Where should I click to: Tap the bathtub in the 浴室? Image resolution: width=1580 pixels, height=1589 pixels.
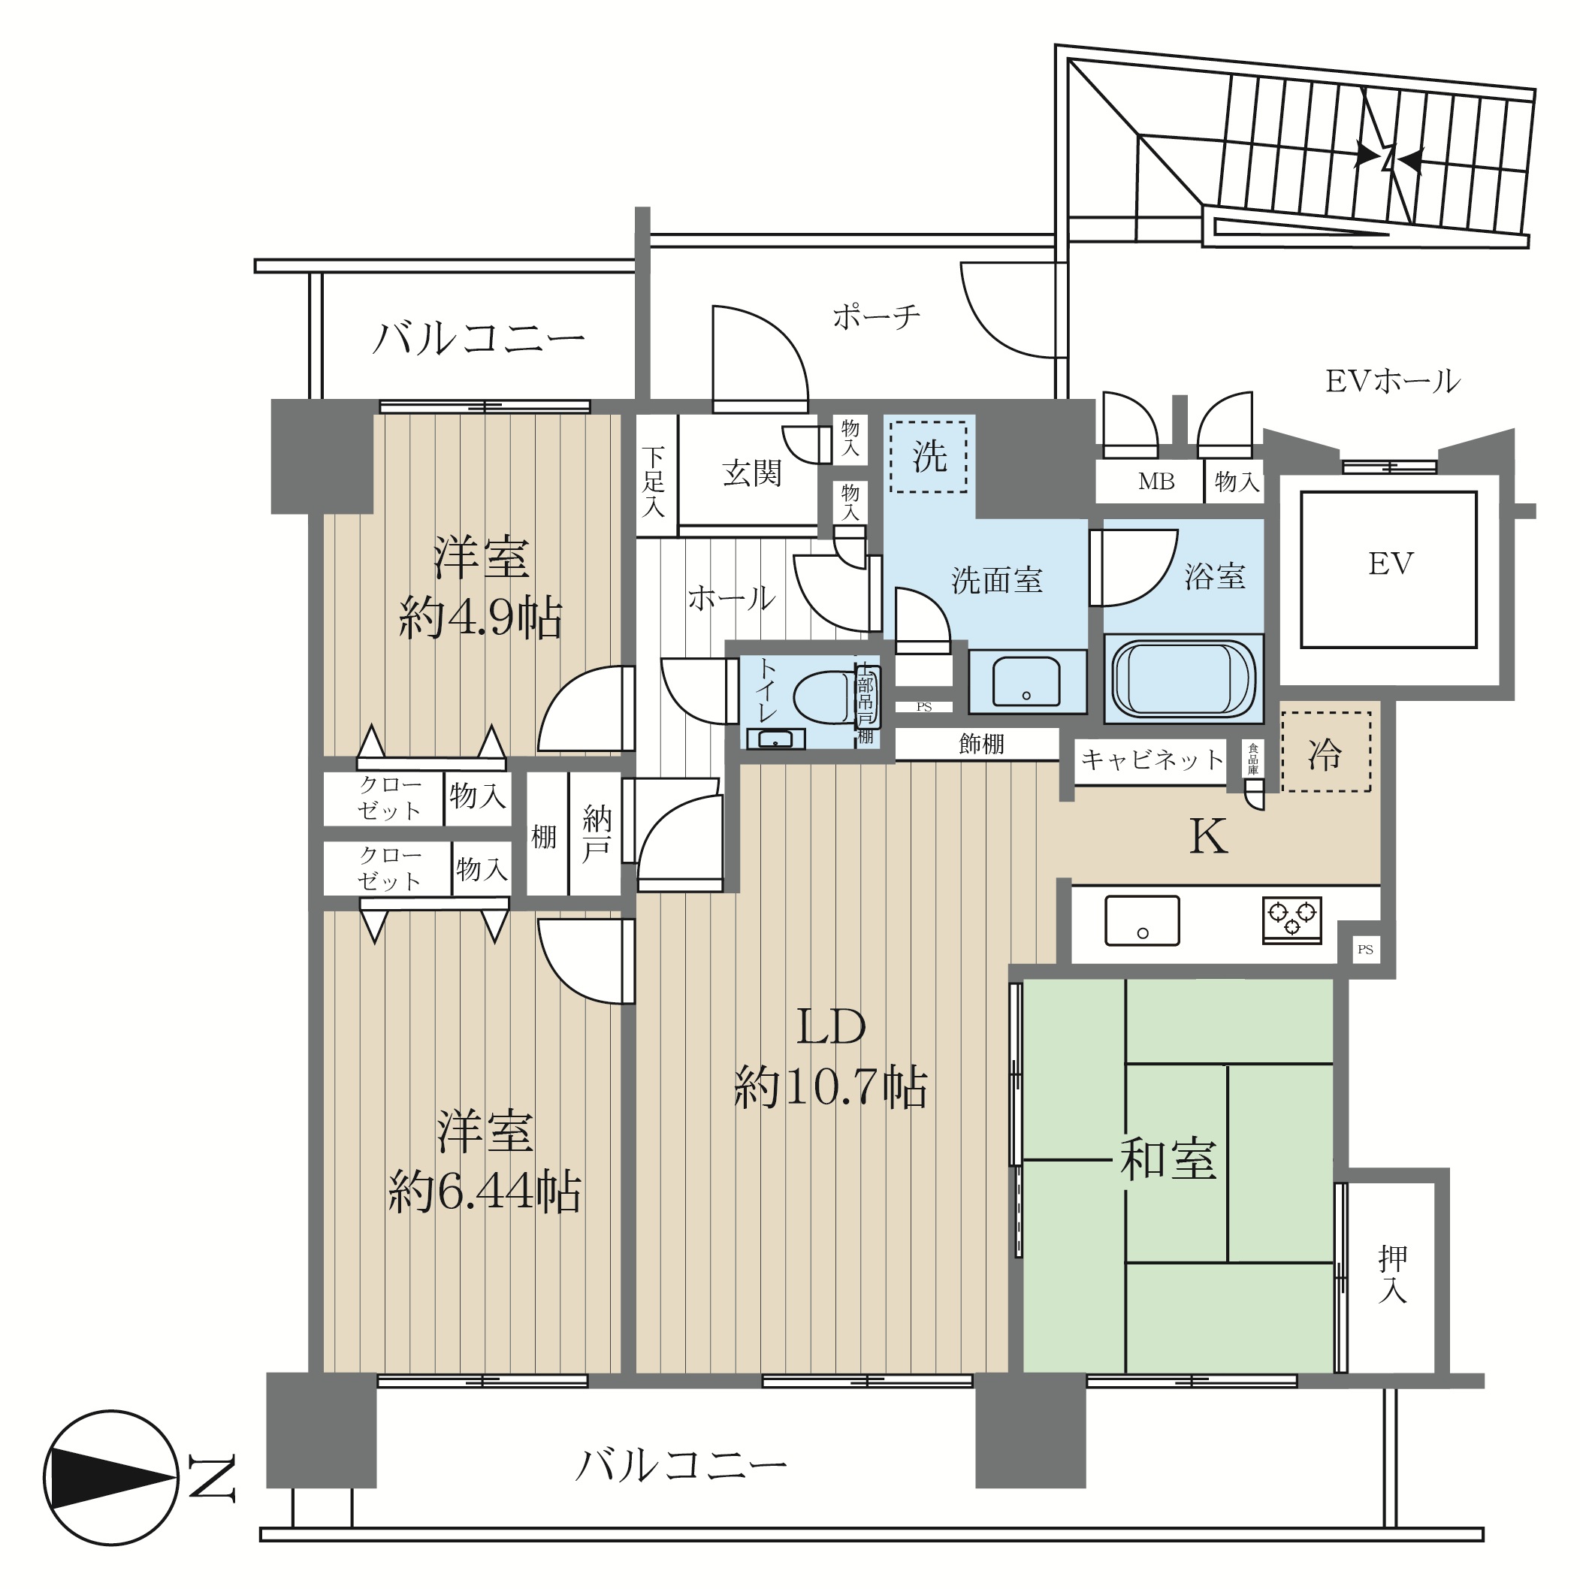click(1183, 678)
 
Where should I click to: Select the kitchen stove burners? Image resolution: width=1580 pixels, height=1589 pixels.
click(1292, 920)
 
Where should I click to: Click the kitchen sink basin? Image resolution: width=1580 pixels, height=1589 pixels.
click(1142, 920)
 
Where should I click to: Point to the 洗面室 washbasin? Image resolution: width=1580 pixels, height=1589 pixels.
click(1026, 681)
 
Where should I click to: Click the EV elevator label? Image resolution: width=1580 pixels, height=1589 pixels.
click(1391, 564)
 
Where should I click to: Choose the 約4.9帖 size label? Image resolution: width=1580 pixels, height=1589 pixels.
click(480, 618)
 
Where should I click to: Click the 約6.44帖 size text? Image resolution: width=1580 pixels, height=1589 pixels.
click(485, 1192)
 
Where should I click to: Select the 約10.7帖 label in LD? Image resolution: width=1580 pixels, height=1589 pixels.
click(831, 1087)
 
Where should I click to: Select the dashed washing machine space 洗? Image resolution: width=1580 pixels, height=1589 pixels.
click(929, 455)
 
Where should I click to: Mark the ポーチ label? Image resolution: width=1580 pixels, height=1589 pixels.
click(877, 316)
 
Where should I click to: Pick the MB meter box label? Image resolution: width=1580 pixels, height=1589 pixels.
click(1156, 482)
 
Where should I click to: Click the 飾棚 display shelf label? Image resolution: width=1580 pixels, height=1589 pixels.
click(981, 744)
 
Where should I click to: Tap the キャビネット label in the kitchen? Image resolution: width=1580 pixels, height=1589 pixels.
click(1153, 758)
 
